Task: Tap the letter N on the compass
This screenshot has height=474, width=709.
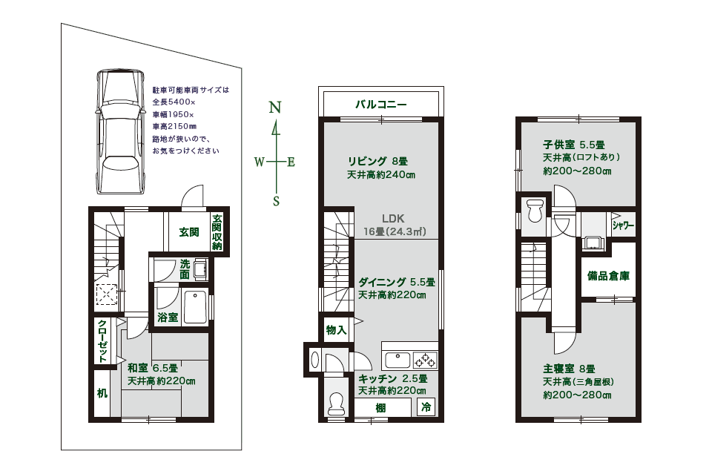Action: tap(275, 108)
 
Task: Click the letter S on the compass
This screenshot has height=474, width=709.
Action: tap(276, 201)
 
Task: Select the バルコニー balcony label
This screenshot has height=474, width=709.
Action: tap(380, 105)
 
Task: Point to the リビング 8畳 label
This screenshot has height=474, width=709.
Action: tap(377, 161)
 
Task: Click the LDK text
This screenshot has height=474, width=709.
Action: tap(392, 219)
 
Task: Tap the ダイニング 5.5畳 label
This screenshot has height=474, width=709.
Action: tap(397, 282)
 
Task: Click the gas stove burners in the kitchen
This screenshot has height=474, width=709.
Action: tap(425, 360)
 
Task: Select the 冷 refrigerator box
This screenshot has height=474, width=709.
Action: tap(426, 407)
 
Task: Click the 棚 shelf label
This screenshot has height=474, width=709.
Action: tap(380, 408)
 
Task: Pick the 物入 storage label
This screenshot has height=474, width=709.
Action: tap(336, 330)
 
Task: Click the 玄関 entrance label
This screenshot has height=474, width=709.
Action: tap(189, 232)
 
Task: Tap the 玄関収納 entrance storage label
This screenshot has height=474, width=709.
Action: tap(217, 232)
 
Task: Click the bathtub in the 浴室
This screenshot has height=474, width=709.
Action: tap(195, 307)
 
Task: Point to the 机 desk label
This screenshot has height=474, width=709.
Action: tap(102, 393)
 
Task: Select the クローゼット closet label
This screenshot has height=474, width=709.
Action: tap(102, 340)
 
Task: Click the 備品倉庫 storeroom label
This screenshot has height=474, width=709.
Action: tap(608, 275)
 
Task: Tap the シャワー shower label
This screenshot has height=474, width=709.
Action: tap(623, 226)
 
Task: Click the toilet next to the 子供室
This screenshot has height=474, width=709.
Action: tap(535, 211)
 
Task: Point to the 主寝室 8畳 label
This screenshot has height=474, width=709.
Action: tap(569, 369)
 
